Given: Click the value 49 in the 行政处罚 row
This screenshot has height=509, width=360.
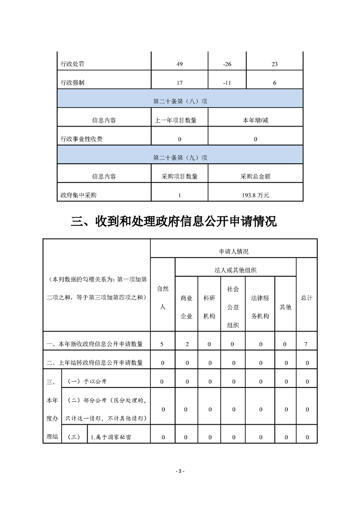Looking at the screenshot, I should [180, 64].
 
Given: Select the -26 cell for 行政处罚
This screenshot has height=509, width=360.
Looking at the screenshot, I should [227, 64].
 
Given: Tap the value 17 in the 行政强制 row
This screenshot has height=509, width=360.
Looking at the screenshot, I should [180, 83].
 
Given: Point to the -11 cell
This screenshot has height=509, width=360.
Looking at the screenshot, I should [227, 83].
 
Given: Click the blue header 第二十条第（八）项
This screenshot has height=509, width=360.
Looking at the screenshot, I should [180, 102].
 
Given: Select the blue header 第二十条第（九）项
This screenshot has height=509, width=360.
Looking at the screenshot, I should [180, 158].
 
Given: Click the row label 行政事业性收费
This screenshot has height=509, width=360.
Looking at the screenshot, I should [81, 139].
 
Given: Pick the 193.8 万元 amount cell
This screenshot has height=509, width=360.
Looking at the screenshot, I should [256, 196].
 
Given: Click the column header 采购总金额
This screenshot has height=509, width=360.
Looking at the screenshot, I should [256, 176].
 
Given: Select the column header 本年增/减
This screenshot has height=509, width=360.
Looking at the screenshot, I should [256, 121].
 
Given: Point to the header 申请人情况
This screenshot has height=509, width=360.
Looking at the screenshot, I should [233, 251].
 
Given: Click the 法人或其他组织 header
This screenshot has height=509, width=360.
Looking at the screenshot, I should [236, 270].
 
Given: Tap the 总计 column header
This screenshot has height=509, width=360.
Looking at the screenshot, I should [306, 298].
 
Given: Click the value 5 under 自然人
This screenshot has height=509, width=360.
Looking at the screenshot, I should [162, 344].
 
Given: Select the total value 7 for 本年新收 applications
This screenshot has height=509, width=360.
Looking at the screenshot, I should [306, 344].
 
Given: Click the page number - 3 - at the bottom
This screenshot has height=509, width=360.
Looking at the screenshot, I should [180, 471].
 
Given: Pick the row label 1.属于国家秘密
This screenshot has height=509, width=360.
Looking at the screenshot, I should [112, 437].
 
